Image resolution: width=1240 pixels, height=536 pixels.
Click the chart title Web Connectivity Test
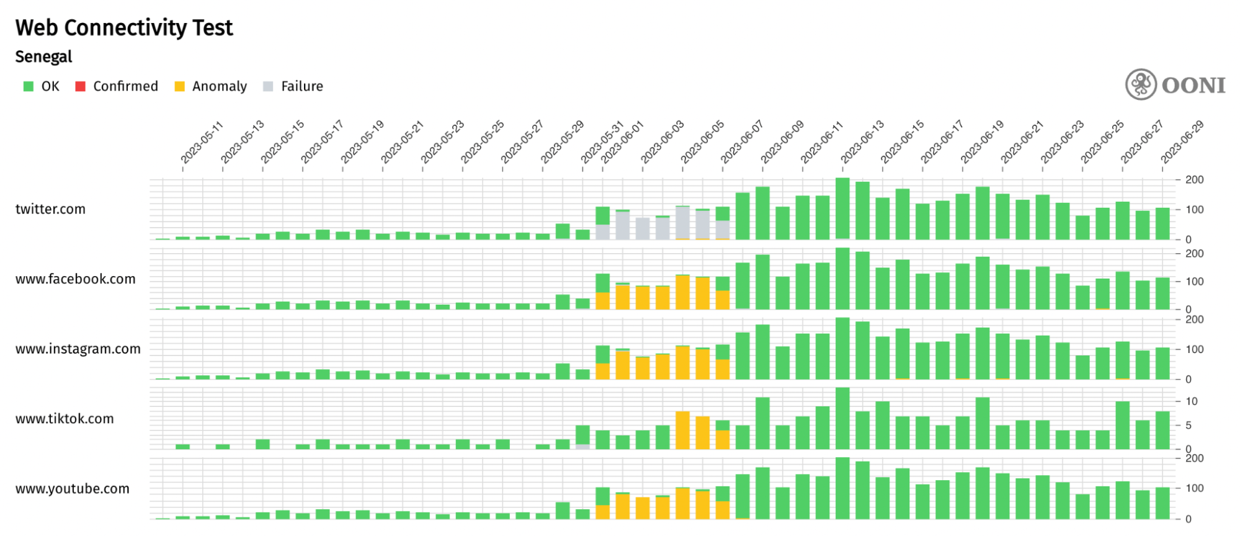coord(124,28)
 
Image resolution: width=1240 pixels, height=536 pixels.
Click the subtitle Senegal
coord(43,56)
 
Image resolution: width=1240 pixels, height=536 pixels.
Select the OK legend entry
coord(42,86)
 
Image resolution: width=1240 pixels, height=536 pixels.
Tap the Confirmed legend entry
coord(117,86)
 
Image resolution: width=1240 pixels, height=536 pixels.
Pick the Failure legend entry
coord(293,86)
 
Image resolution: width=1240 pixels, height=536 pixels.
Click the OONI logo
coord(1175,85)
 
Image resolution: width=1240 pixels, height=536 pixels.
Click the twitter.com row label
coord(50,209)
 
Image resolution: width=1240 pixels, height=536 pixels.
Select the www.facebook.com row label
coord(75,279)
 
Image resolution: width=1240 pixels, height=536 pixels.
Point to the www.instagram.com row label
coord(78,349)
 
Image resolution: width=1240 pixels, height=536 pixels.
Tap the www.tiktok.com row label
coord(65,419)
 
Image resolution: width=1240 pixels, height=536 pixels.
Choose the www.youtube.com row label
coord(72,489)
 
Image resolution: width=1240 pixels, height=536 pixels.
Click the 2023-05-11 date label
coord(202,142)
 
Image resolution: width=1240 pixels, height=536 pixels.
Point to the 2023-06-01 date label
coord(622,142)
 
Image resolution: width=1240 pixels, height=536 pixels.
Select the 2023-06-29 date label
coord(1182,142)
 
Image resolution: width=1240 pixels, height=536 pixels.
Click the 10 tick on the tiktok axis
coord(1191,401)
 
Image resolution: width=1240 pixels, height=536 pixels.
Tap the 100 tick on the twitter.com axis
coord(1193,210)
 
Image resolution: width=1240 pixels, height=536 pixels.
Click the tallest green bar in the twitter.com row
coord(842,208)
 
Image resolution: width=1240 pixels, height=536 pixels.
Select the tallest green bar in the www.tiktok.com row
coord(842,418)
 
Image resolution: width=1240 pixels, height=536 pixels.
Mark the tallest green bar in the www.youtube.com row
coord(842,488)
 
